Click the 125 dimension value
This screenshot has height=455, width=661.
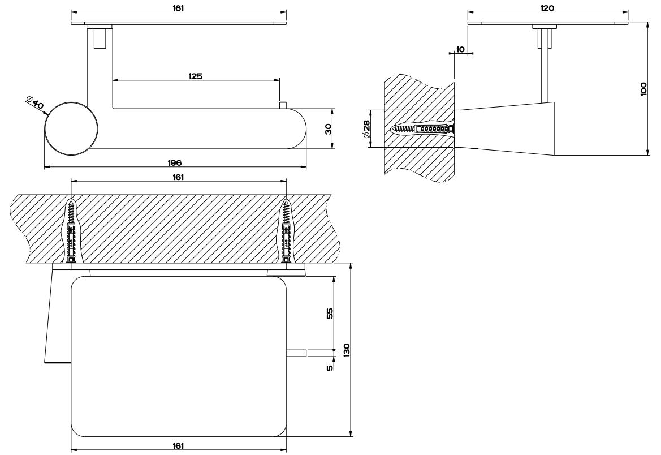coord(196,76)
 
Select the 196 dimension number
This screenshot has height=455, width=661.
coord(174,162)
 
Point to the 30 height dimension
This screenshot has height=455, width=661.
coord(328,129)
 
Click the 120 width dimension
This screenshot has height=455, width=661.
coord(547,8)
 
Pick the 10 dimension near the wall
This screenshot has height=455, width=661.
coord(460,50)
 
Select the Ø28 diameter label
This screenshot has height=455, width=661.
coord(366,128)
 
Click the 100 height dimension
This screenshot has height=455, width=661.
coord(643,89)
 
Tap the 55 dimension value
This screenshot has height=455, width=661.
coord(330,313)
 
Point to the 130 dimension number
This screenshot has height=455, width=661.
coord(346,350)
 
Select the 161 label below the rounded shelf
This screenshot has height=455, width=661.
coord(178,446)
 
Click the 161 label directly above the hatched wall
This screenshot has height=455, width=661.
coord(178,177)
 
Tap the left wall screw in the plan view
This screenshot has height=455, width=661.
coord(71,232)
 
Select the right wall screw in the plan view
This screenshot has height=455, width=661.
coord(286,232)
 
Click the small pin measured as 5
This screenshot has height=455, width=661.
coord(296,353)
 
